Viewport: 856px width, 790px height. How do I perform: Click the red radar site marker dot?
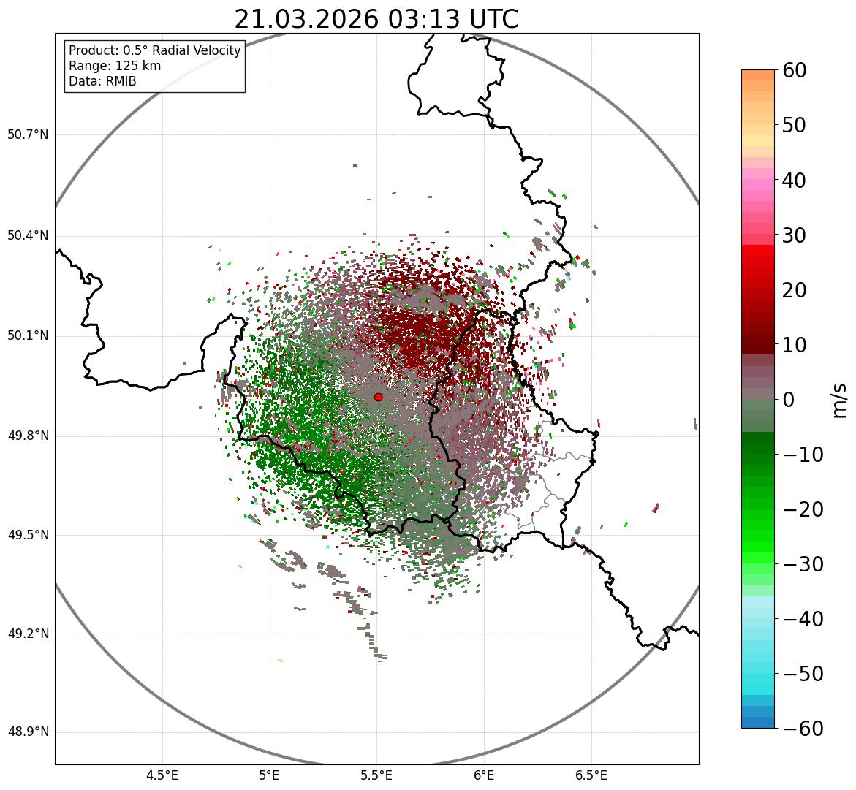tap(378, 397)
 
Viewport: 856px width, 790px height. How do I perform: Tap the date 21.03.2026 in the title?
tap(307, 20)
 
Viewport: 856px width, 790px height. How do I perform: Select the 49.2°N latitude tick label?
tap(28, 634)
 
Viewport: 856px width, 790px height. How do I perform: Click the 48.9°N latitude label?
tap(28, 732)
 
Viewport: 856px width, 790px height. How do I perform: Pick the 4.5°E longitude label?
tap(162, 775)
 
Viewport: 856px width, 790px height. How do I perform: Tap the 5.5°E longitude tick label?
tap(376, 775)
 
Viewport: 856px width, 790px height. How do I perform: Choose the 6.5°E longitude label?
tap(591, 775)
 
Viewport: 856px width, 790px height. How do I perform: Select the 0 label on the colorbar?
tap(789, 400)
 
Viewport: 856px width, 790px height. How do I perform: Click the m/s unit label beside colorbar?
tap(840, 400)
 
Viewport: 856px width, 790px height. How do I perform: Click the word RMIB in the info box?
tap(120, 81)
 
